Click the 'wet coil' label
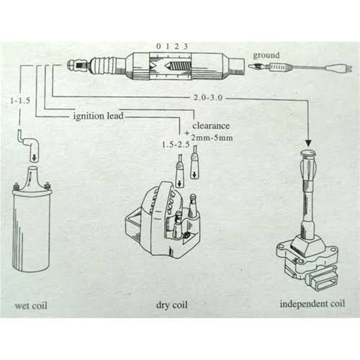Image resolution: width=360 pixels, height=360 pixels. (x=32, y=305)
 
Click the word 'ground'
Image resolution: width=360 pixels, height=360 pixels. (x=265, y=53)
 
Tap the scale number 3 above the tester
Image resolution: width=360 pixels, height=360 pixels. (x=186, y=46)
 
